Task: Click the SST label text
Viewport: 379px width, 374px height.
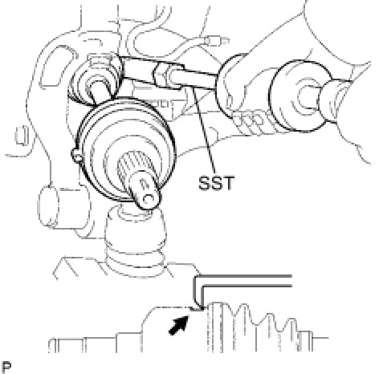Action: (x=216, y=183)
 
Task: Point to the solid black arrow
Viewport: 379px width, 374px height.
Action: (x=179, y=324)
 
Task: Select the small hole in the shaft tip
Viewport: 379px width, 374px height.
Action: (x=148, y=199)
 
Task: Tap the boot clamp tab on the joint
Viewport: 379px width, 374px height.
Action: (x=76, y=155)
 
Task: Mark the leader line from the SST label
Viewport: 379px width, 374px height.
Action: (x=205, y=130)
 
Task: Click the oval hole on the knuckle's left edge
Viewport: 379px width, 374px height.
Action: (x=20, y=135)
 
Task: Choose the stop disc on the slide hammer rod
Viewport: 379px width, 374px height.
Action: (x=230, y=86)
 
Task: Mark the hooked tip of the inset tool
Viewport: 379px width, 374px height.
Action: (x=198, y=307)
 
